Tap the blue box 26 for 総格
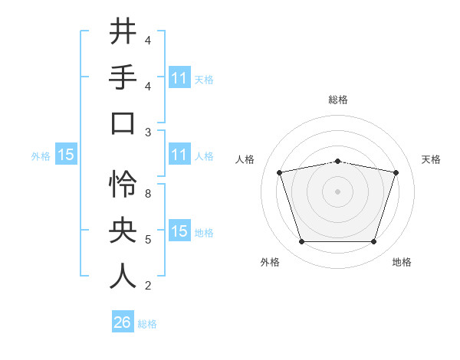tap(123, 322)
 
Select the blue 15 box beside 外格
tap(66, 155)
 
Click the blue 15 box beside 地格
tap(179, 231)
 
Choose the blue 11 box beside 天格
tap(179, 77)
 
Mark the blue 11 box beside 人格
tap(179, 155)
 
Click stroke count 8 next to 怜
tap(148, 194)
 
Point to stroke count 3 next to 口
tap(148, 132)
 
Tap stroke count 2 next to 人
tap(148, 286)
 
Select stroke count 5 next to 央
tap(148, 240)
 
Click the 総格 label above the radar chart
tap(337, 100)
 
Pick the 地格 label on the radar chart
tap(401, 262)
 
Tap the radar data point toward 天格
tap(396, 172)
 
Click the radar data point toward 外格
tap(301, 242)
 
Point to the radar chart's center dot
tap(337, 191)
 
